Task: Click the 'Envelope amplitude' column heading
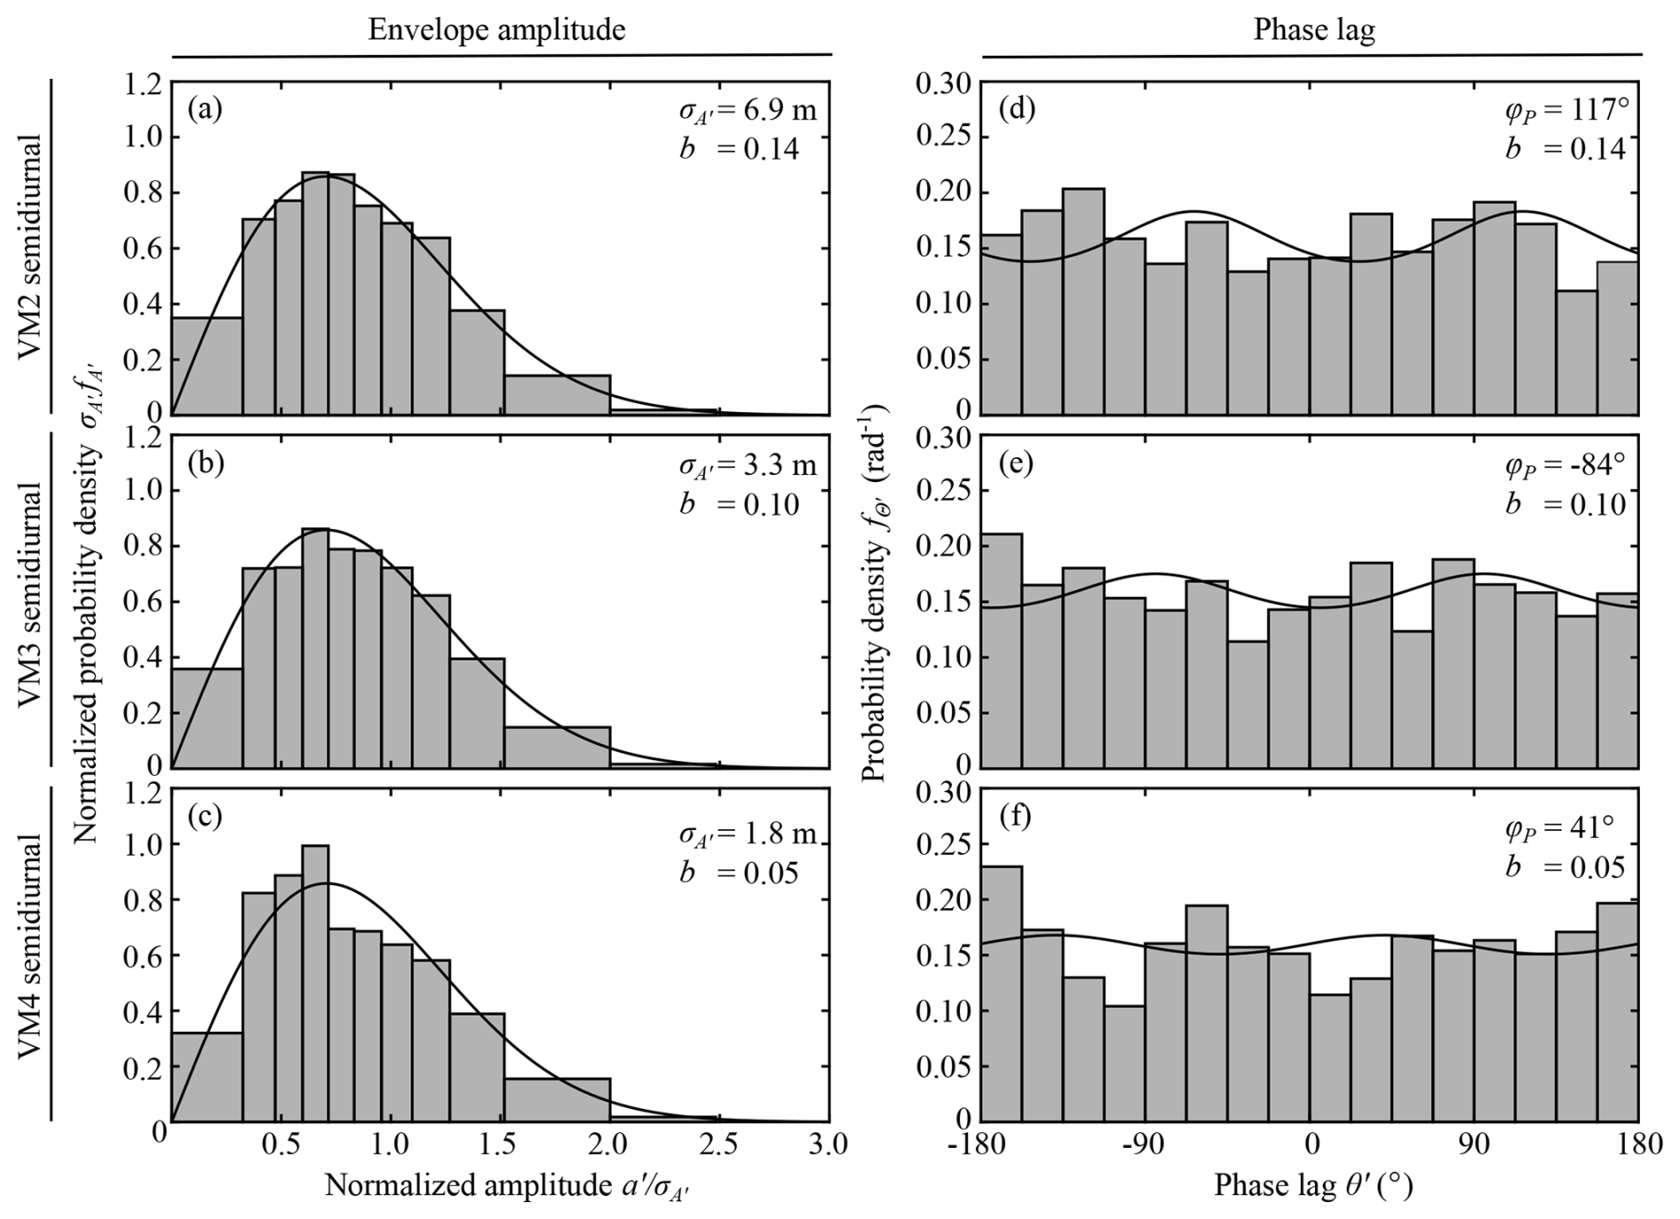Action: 496,30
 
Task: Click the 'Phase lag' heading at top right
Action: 1313,30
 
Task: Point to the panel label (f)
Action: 1016,816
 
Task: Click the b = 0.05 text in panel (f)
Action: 1565,867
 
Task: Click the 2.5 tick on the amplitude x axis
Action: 719,1144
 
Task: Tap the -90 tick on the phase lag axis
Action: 1145,1144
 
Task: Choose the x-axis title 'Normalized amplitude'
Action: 507,1186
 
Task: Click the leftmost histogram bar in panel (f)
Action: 1001,993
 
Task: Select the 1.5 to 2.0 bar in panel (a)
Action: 558,395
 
